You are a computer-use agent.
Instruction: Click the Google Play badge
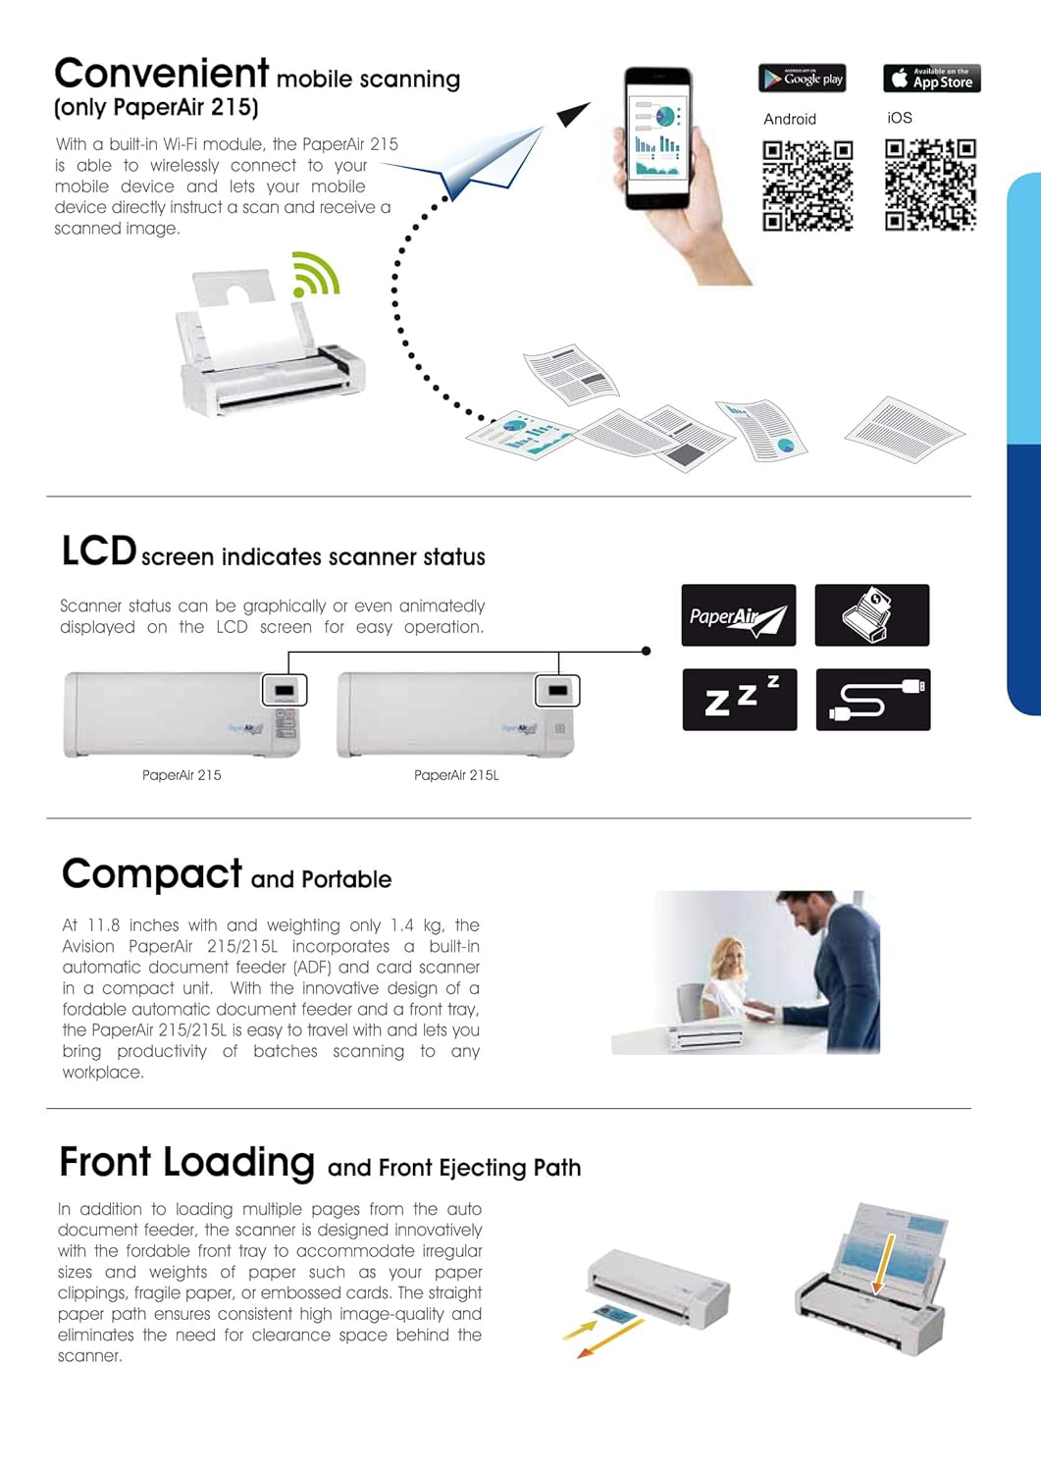point(803,79)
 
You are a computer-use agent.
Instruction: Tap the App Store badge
point(931,79)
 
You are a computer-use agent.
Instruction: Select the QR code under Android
point(807,184)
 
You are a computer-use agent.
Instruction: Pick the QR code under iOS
point(930,184)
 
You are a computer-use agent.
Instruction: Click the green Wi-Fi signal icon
point(315,275)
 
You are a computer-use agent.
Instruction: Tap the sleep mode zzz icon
point(739,699)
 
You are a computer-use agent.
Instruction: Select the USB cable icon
point(872,699)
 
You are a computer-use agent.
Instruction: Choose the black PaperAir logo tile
point(738,615)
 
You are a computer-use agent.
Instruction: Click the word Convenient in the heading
point(162,74)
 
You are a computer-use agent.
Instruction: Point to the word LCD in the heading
point(98,552)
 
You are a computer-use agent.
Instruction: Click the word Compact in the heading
point(152,873)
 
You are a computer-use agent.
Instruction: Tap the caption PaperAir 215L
point(456,775)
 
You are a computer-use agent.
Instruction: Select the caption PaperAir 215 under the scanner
point(182,775)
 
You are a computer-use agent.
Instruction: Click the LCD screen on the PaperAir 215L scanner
point(557,691)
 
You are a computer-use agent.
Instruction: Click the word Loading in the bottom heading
point(239,1163)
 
